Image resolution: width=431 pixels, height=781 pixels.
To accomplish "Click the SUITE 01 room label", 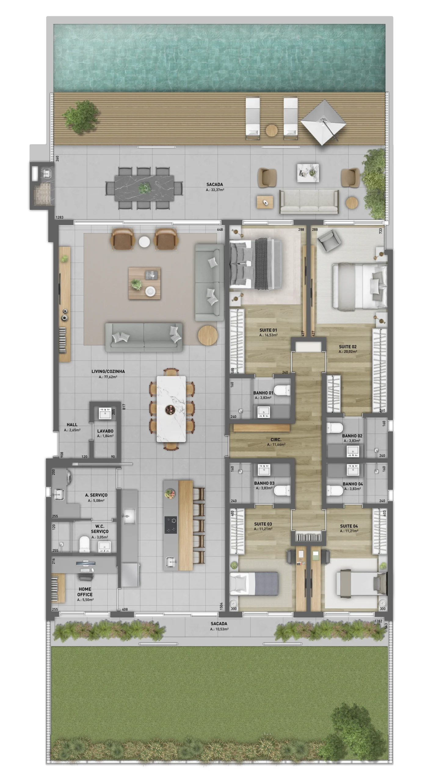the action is coord(268,330).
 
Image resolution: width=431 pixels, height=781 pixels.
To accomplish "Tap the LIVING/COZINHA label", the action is coord(108,371).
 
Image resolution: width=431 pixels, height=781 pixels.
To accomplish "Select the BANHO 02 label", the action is coord(352,436).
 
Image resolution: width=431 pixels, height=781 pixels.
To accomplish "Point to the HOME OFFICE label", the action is coord(85,592).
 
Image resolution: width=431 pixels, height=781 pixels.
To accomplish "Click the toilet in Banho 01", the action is coord(282,390).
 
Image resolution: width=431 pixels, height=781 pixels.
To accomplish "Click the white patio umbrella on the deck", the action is coord(323,122).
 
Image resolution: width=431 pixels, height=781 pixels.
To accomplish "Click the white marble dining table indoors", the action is coord(171,409).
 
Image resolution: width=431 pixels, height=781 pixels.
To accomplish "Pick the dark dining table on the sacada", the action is coord(144,188).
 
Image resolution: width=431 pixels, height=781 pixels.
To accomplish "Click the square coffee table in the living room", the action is coord(144,283).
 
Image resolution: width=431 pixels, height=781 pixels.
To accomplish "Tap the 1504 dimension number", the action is coord(221,606).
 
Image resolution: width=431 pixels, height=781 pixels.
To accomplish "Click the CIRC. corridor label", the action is coord(276,440).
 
